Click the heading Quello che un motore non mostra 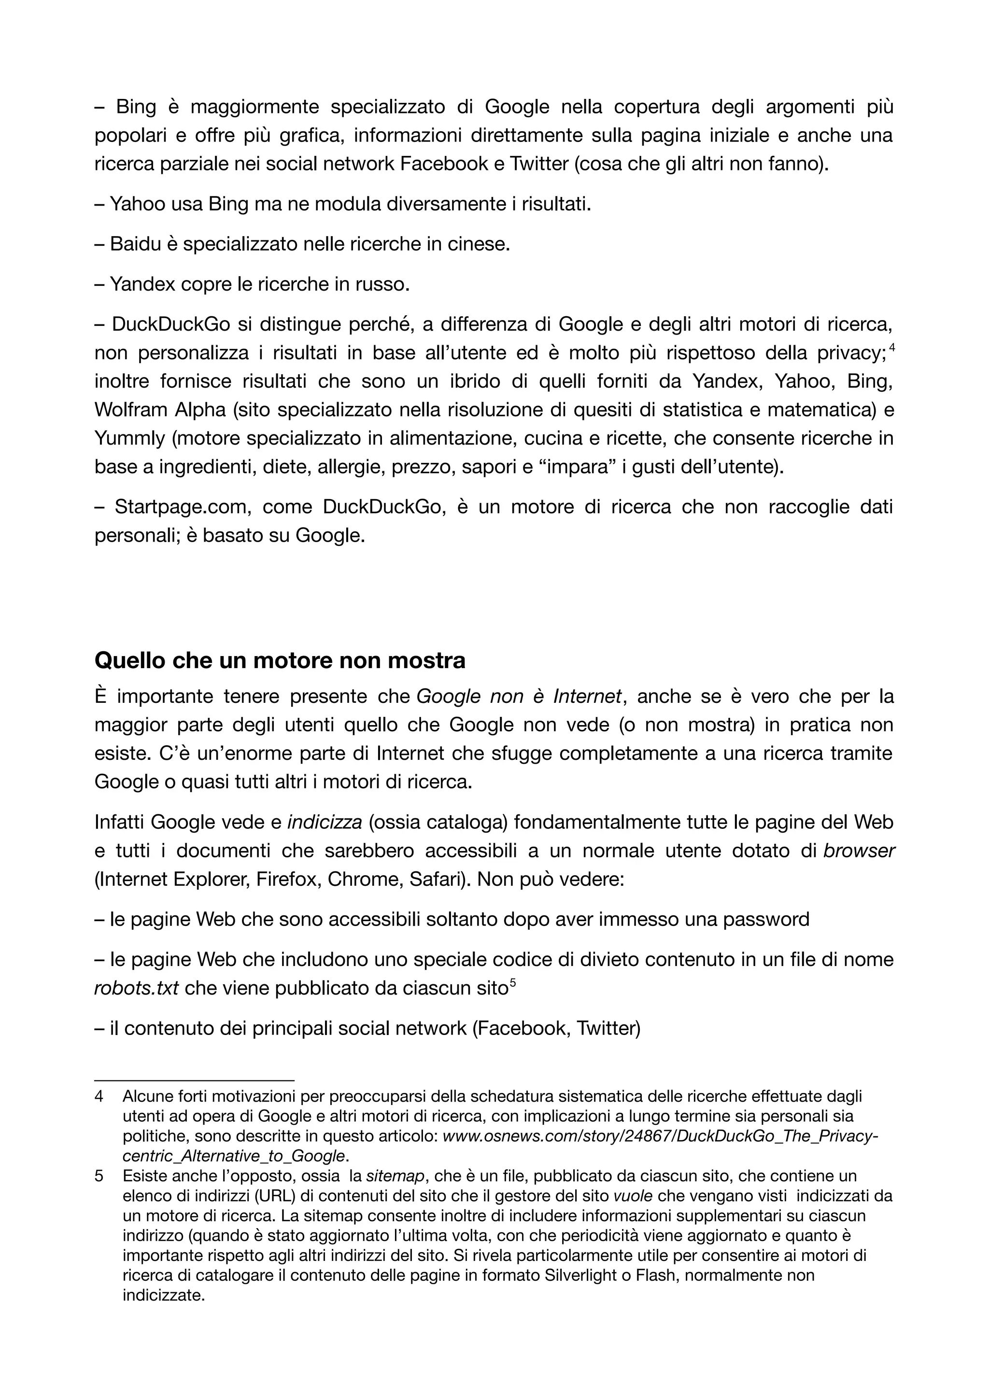click(x=280, y=660)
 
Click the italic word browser click(x=859, y=851)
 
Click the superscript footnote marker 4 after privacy click(x=891, y=348)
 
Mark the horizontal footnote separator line click(x=195, y=1080)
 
